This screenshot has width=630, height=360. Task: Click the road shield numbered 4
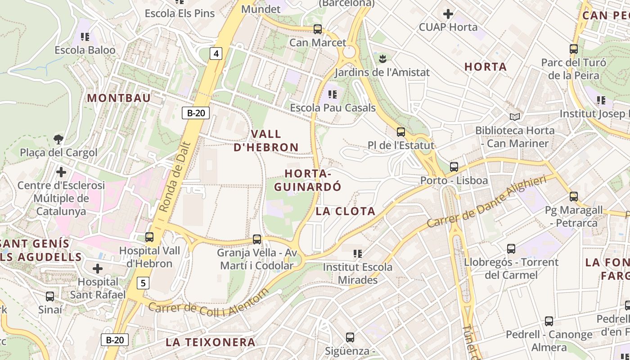tap(216, 54)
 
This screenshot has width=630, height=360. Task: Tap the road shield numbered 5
tap(143, 283)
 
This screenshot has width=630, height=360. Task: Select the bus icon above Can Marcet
tap(318, 29)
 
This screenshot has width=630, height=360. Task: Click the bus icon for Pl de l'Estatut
tap(400, 132)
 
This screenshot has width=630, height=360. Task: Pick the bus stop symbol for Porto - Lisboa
tap(454, 167)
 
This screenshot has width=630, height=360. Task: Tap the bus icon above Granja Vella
tap(257, 239)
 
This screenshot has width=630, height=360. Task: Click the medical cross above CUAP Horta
tap(448, 14)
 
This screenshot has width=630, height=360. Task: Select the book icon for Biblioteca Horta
tap(515, 117)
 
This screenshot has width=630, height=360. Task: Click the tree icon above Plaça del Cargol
tap(58, 139)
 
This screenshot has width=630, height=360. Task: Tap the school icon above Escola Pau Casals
tap(333, 94)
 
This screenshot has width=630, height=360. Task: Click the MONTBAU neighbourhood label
tap(119, 98)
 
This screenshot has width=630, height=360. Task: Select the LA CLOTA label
tap(345, 211)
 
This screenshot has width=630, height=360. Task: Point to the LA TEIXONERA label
tap(211, 342)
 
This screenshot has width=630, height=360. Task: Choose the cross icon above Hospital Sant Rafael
tap(98, 269)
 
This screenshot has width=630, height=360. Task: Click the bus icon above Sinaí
tap(50, 297)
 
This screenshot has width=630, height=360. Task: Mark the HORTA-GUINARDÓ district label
tap(308, 180)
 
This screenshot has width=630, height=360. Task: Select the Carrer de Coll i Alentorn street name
tap(208, 304)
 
